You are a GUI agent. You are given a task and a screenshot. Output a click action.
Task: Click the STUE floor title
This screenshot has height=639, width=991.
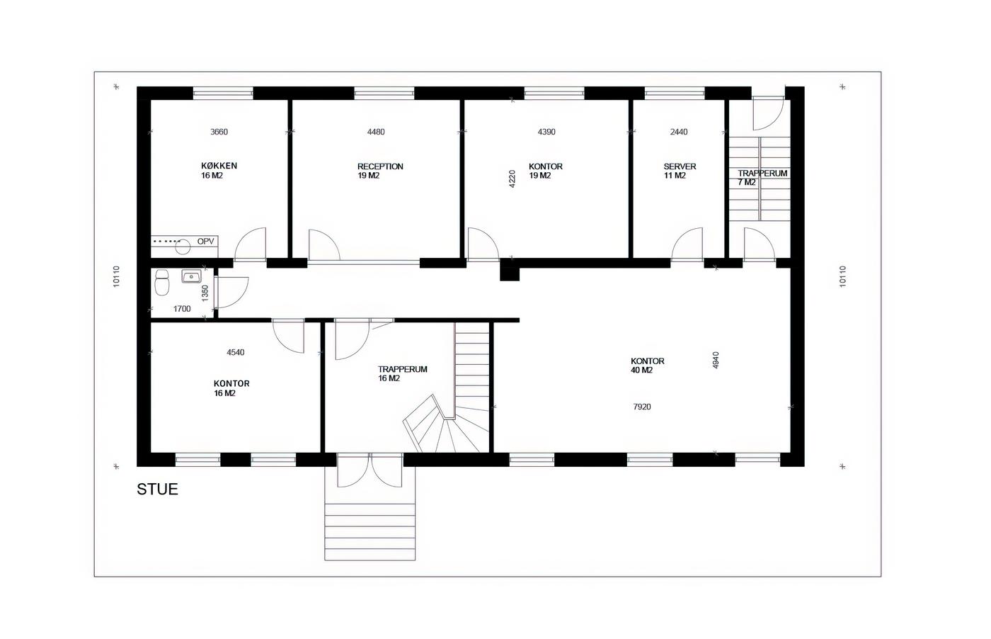click(157, 489)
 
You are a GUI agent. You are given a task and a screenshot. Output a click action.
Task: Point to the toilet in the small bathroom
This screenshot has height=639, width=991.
click(162, 282)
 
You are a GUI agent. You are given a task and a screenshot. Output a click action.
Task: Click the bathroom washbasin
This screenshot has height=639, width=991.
click(191, 276)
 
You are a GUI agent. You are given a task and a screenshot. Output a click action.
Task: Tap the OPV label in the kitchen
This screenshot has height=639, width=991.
click(205, 242)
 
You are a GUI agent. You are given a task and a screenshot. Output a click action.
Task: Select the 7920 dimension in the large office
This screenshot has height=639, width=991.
click(642, 407)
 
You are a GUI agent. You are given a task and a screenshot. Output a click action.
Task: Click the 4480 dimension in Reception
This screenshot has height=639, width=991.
click(376, 132)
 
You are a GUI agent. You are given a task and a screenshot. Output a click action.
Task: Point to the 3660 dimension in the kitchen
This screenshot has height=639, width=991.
click(219, 132)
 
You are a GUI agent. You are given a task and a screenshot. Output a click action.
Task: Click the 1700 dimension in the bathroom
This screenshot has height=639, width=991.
click(182, 309)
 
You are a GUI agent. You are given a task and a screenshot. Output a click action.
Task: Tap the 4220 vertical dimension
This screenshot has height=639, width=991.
click(512, 179)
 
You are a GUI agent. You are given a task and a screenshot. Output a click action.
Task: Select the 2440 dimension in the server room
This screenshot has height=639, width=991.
click(679, 132)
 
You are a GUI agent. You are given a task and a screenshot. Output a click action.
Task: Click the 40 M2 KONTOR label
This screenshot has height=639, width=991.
click(647, 366)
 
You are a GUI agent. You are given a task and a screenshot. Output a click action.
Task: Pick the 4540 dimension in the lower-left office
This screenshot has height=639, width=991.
click(235, 352)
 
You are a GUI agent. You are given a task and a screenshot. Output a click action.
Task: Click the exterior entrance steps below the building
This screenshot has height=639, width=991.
click(370, 531)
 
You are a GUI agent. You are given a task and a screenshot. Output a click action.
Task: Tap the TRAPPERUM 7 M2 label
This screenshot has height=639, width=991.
click(762, 178)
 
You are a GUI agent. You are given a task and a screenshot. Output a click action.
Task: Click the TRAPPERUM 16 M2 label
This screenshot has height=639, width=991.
click(403, 373)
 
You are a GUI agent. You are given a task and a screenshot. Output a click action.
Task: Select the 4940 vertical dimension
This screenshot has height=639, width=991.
click(716, 360)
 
